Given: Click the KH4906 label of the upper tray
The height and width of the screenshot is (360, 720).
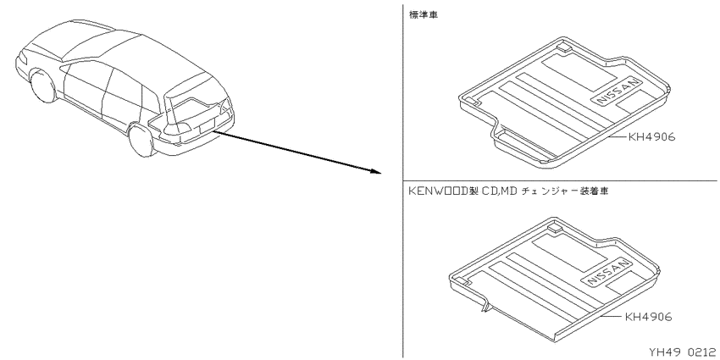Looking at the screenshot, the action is [651, 137].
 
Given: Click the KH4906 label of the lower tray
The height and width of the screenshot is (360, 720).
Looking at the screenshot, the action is [648, 317].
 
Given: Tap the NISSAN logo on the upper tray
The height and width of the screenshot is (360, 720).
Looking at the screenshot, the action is [618, 91].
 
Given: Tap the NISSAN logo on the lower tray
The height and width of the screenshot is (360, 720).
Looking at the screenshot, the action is [606, 271].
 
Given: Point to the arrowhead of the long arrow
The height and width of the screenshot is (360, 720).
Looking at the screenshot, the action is [376, 171].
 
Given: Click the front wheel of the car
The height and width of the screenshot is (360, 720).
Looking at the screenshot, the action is [42, 85].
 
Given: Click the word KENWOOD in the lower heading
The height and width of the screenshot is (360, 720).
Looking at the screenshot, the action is [438, 191].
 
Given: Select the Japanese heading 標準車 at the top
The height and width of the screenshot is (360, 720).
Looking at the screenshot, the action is [424, 14].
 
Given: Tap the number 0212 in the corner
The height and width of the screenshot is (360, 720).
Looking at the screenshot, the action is [701, 352].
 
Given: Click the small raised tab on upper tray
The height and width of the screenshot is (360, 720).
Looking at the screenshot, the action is [563, 45].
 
